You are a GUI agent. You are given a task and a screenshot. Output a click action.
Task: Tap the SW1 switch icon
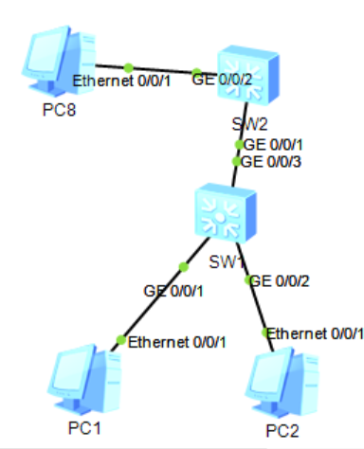click(x=224, y=214)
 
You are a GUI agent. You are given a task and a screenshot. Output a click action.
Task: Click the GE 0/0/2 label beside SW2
click(x=221, y=77)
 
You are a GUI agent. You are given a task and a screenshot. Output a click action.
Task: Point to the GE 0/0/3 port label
click(x=274, y=162)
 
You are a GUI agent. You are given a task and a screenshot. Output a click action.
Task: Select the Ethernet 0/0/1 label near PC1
click(x=176, y=342)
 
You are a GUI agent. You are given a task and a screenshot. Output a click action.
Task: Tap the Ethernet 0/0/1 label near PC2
click(x=315, y=332)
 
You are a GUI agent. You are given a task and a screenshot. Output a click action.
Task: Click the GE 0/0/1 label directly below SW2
click(x=274, y=144)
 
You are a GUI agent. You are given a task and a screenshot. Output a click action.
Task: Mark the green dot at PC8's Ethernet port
click(x=127, y=66)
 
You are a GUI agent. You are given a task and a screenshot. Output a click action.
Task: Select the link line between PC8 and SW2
click(x=161, y=69)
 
